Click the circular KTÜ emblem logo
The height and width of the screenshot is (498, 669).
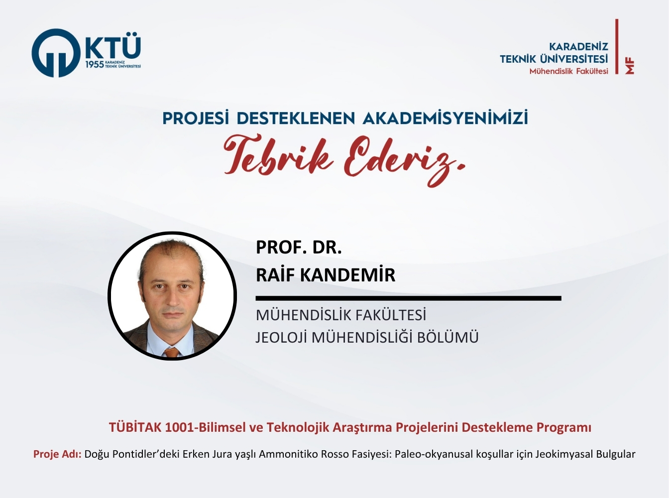point(56,53)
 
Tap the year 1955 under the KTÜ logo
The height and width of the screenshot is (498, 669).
point(95,64)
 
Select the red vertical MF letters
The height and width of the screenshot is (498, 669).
point(630,67)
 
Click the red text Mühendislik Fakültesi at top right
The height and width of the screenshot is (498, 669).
point(569,71)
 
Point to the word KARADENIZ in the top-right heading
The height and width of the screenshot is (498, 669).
point(578,46)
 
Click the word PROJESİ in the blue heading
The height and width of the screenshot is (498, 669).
point(195,118)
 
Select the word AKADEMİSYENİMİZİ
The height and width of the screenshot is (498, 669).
point(445,118)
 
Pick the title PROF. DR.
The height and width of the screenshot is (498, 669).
point(299,247)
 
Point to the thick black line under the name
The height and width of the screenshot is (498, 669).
point(408,298)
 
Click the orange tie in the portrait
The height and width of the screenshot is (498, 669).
point(172,352)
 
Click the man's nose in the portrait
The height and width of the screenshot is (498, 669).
point(172,297)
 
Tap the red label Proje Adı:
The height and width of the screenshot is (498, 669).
point(57,454)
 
